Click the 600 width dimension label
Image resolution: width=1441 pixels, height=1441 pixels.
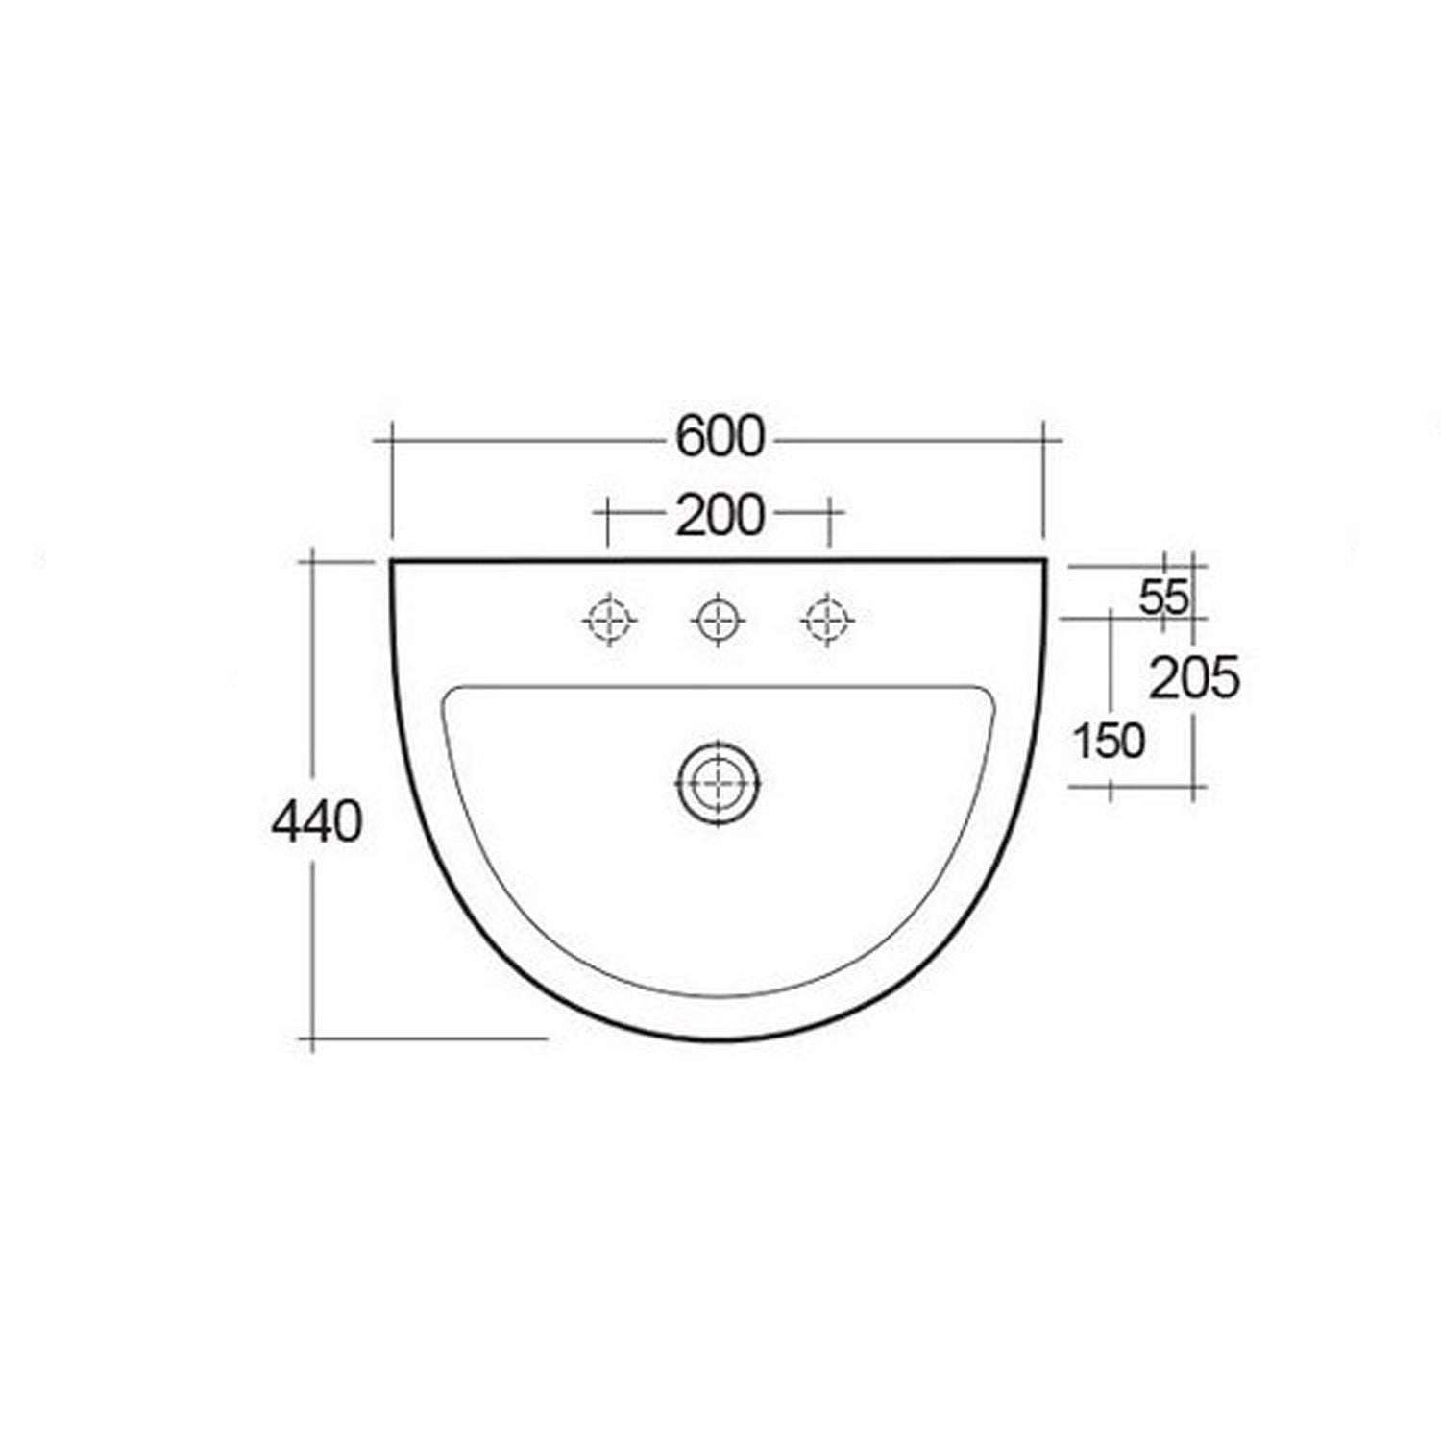pos(720,437)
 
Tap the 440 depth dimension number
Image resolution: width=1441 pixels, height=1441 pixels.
pos(317,822)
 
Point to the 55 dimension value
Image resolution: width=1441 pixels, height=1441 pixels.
pos(1163,598)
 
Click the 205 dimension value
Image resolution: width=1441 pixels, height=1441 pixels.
pos(1194,679)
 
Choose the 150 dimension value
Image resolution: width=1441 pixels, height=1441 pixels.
pos(1109,741)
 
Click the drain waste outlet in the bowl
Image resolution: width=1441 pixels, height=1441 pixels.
pos(718,782)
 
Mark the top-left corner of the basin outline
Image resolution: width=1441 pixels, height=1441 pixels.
pos(392,560)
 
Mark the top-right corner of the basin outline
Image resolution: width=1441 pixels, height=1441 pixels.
pos(1043,560)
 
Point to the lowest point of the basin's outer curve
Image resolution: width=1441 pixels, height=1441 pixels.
pos(718,1038)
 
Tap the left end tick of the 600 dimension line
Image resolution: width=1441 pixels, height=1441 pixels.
pos(392,440)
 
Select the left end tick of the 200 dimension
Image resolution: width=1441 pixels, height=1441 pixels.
pos(608,513)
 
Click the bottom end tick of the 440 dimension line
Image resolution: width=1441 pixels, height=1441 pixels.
pos(312,1038)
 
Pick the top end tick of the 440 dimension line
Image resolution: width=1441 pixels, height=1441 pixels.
pos(312,560)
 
